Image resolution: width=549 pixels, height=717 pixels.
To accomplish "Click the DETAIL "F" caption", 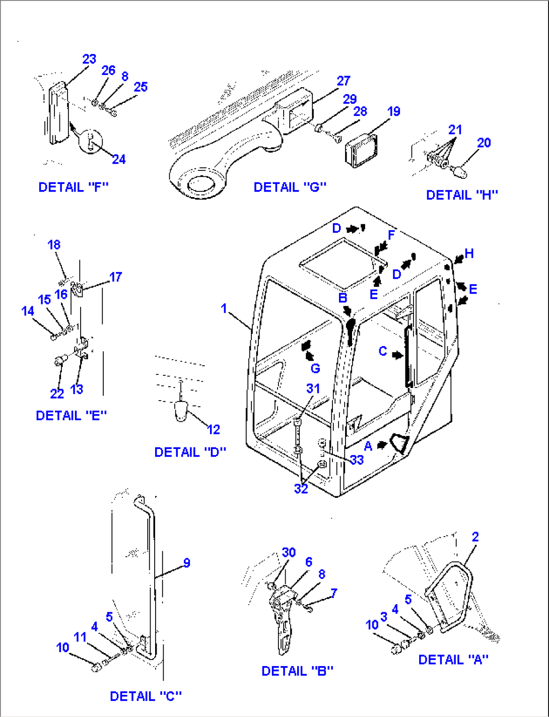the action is click(x=74, y=187).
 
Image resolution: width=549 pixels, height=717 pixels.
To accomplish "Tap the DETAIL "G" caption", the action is click(x=290, y=187).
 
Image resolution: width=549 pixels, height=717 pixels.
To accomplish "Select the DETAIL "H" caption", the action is click(x=462, y=194).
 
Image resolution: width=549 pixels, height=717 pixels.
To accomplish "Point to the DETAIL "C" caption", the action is click(x=146, y=696).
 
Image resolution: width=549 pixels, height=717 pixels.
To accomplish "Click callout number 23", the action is click(x=89, y=59).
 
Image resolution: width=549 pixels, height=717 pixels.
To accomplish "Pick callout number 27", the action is click(x=344, y=81).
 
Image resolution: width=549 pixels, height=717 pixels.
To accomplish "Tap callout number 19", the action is click(x=394, y=111).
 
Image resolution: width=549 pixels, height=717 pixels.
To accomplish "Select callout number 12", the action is click(x=214, y=429).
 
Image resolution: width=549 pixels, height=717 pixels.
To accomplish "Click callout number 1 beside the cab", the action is click(x=224, y=308).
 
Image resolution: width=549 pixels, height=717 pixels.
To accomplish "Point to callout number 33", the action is click(x=357, y=460).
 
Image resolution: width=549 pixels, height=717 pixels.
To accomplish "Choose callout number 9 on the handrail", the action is click(x=187, y=563).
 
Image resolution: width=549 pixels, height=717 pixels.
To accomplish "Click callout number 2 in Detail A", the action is click(x=475, y=537).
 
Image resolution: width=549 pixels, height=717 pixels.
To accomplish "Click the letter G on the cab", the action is click(x=315, y=368).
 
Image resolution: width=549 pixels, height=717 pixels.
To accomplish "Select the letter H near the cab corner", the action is click(x=469, y=253).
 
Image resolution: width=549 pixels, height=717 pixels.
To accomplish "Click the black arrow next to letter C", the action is click(x=398, y=355).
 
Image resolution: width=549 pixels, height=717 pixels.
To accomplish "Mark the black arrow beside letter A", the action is click(x=382, y=445).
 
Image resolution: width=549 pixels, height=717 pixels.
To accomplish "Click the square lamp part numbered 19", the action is click(x=362, y=151).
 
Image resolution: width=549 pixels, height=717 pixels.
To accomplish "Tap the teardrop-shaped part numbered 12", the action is click(x=181, y=412).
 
